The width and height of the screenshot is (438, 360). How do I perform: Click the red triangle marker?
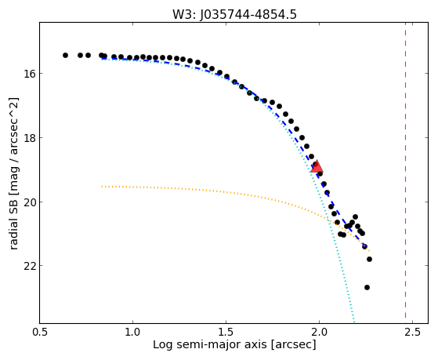coord(317,167)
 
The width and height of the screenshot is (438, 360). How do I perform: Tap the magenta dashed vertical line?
coord(405,173)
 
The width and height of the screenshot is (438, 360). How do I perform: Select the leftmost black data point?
coord(65,56)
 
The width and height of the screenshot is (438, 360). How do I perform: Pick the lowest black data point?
coord(367,288)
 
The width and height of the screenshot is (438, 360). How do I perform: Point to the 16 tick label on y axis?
coord(29,74)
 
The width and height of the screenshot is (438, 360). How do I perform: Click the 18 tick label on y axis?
coord(29,137)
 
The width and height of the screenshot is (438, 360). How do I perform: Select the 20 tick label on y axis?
coord(29,202)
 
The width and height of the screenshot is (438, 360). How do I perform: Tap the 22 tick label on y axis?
coord(29,266)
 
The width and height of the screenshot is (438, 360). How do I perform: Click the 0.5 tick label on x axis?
coord(40,333)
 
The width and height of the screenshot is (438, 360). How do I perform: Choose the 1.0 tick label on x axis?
coord(132,333)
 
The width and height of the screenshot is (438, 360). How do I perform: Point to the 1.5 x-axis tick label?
coord(226,333)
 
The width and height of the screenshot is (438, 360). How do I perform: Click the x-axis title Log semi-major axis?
coord(210,345)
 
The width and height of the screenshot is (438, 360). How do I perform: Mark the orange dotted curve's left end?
coord(102,187)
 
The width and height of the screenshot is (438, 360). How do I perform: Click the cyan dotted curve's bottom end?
coord(354,322)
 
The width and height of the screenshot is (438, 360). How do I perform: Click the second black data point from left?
coord(80,56)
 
